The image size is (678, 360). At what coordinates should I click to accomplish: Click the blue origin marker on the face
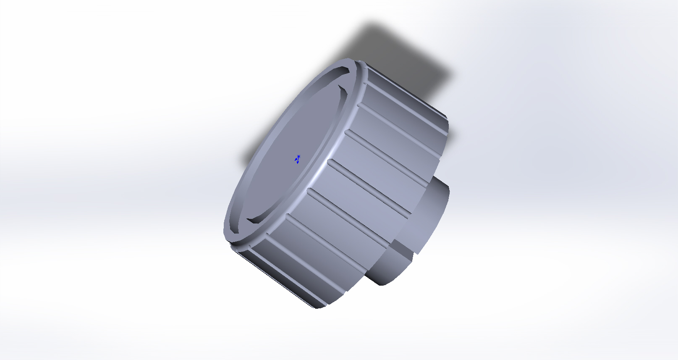(298, 159)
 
